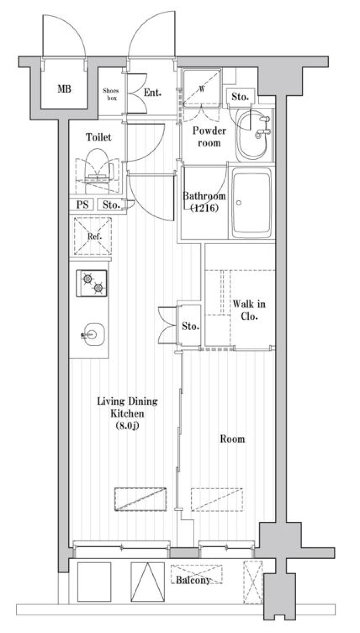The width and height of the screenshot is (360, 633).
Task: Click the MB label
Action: tap(64, 89)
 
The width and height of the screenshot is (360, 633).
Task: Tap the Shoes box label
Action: tap(111, 94)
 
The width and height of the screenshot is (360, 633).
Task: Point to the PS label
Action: tap(82, 204)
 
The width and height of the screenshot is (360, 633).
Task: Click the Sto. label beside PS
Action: tap(111, 204)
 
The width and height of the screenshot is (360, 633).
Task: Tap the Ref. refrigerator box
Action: tap(93, 236)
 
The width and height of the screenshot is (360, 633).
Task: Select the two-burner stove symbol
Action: tap(92, 283)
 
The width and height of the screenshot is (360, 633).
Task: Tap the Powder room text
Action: tap(209, 137)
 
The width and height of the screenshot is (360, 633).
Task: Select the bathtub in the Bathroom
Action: tap(251, 203)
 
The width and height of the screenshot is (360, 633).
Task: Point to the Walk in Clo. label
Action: tap(249, 310)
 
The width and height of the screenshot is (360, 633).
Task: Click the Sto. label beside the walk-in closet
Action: tap(190, 326)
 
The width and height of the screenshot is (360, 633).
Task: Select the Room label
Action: tap(232, 439)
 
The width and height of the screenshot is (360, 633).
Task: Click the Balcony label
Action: tap(193, 580)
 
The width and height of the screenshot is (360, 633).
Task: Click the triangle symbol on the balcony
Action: tap(148, 582)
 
